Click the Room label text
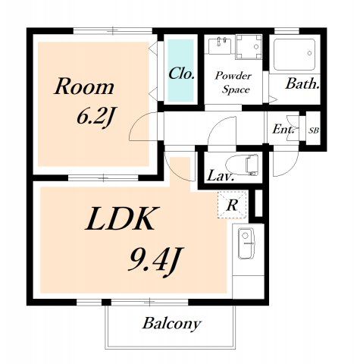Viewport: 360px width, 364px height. point(84,86)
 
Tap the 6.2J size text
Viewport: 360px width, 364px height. point(95,118)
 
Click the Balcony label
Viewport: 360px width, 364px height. point(172,324)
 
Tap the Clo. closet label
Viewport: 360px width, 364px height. point(181,74)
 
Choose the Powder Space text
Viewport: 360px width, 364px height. point(234,83)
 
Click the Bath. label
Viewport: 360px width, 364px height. point(302,83)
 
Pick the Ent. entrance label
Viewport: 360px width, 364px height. point(283,130)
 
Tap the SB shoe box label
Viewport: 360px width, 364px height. point(314,130)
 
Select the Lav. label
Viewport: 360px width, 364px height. point(220,176)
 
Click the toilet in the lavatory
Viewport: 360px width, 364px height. point(243,165)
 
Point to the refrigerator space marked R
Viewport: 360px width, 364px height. point(232,205)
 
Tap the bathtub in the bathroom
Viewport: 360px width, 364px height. point(294,55)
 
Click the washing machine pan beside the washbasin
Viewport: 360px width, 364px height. point(249,47)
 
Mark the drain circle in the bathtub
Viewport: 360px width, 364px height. point(309,53)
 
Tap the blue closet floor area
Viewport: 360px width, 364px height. point(181,70)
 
